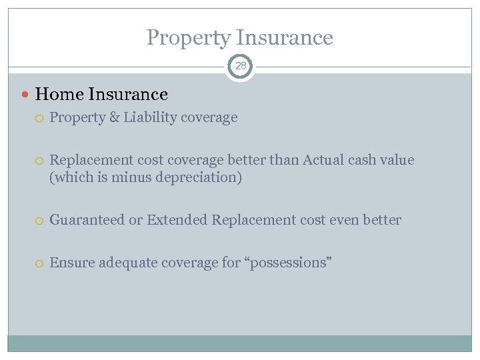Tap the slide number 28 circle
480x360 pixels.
[240, 66]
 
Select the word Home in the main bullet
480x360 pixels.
[57, 95]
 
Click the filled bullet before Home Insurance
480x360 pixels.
[26, 95]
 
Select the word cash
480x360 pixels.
[363, 160]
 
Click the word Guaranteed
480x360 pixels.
[87, 220]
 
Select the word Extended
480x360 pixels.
[177, 220]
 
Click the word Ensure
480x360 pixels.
[72, 263]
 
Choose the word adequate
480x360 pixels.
[125, 263]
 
